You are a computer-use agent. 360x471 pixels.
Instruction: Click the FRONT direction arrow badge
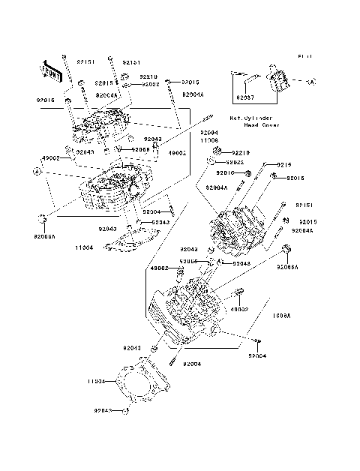[x=52, y=70]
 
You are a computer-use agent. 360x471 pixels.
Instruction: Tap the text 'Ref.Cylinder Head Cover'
[x=255, y=122]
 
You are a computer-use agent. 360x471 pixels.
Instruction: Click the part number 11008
[x=209, y=140]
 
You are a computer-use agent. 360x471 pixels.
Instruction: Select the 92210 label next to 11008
[x=240, y=152]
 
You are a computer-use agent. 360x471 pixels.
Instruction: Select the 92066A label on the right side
[x=287, y=267]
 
